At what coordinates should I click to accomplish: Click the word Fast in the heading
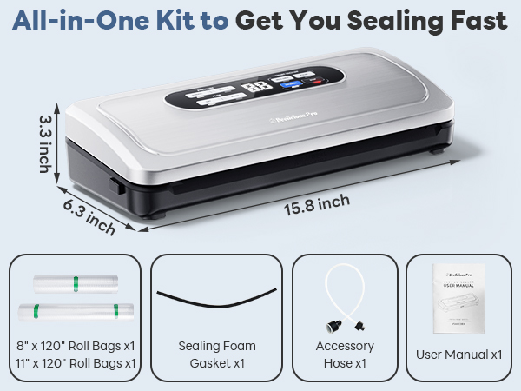click(472, 20)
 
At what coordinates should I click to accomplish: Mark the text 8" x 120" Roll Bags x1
click(76, 345)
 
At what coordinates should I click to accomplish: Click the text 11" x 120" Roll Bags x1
click(76, 361)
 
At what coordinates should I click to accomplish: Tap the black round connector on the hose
click(330, 328)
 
